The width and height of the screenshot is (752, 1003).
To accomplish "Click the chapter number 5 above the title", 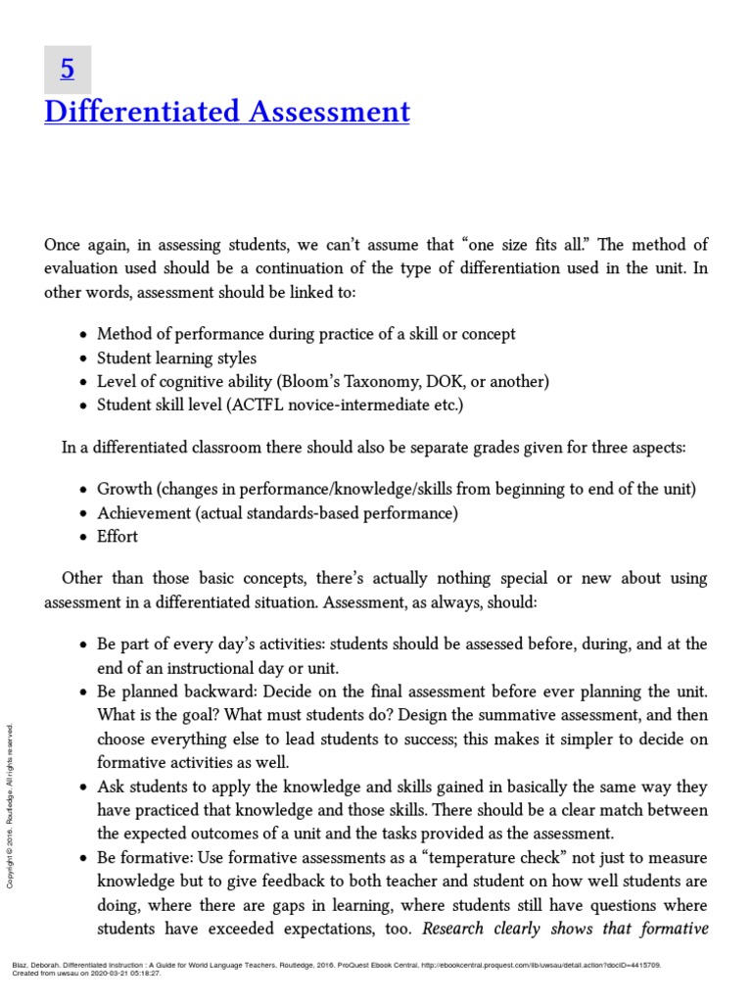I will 68,70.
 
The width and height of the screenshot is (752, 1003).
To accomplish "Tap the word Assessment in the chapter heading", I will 329,113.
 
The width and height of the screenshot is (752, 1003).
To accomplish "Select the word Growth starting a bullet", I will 122,489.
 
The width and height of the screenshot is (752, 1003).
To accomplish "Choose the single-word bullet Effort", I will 117,536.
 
